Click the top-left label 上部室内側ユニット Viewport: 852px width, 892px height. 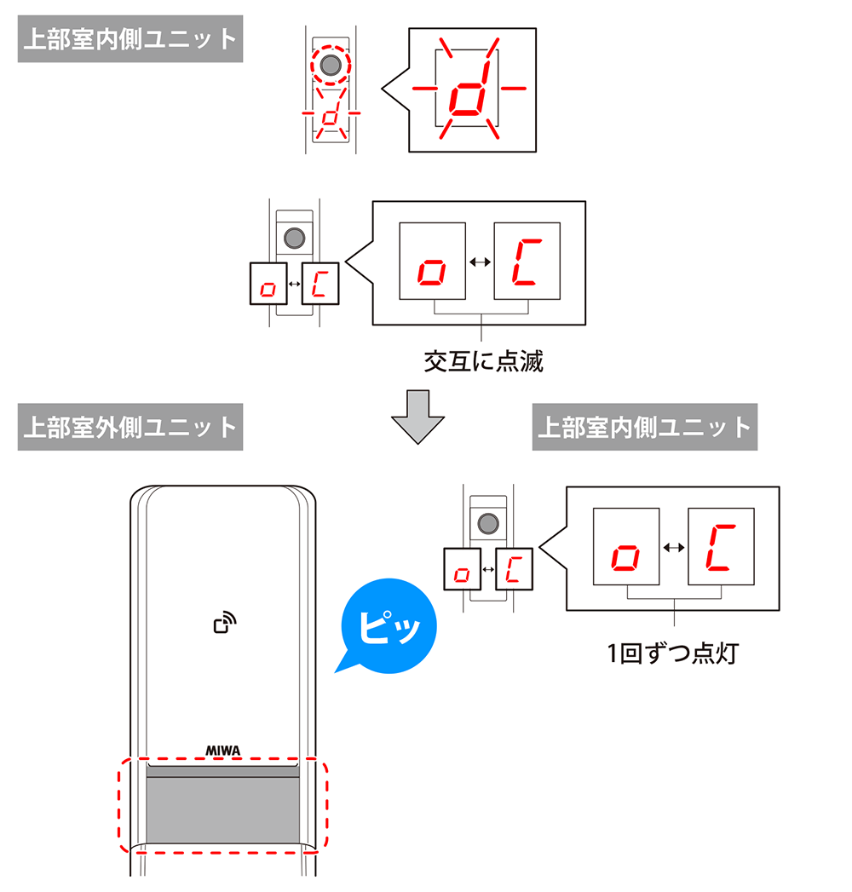[x=130, y=40]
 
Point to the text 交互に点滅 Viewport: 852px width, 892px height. [x=483, y=362]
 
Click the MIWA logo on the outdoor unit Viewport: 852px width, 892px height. [x=223, y=751]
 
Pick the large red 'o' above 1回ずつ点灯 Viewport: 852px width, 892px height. [x=626, y=558]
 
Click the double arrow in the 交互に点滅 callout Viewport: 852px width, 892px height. [x=480, y=263]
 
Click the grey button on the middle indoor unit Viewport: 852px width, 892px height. [x=294, y=239]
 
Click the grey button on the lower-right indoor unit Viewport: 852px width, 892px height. [x=487, y=523]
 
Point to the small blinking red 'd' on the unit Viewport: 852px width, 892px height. [x=331, y=117]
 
